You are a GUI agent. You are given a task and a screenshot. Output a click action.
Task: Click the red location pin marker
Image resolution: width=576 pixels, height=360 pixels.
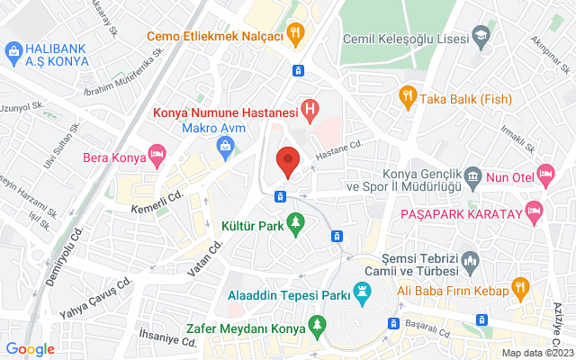(x=288, y=161)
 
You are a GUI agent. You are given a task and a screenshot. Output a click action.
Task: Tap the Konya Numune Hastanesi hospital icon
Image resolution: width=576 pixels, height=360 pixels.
(x=310, y=111)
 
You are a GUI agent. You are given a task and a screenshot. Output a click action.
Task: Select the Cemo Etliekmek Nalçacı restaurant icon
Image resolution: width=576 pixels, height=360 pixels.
(x=294, y=34)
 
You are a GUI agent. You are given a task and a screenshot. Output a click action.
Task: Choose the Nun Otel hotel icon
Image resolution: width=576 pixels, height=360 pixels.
(x=545, y=173)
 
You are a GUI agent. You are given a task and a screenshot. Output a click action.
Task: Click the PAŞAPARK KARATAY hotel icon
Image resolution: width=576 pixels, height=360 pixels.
(x=535, y=212)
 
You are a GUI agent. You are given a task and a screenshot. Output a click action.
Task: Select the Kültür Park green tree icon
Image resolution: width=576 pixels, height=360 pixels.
(x=295, y=222)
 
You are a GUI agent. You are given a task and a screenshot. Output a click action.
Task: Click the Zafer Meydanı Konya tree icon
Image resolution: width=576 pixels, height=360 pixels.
(x=316, y=324)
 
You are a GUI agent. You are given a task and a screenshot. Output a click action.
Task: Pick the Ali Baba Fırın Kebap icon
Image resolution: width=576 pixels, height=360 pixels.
(x=519, y=288)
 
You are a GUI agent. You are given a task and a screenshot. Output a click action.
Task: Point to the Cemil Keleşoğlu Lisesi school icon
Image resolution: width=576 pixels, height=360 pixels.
(x=481, y=38)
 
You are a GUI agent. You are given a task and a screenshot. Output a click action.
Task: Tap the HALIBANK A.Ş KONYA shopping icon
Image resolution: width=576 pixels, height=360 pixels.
(x=14, y=54)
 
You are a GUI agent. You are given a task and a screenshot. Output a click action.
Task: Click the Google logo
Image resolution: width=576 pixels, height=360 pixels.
(x=31, y=348)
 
